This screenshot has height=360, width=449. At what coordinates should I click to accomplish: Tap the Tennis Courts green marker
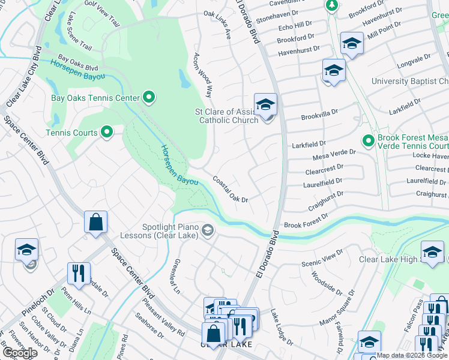click(107, 131)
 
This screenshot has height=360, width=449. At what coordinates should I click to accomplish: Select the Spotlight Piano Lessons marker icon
click(208, 230)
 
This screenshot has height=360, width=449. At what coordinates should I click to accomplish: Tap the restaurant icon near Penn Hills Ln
click(79, 273)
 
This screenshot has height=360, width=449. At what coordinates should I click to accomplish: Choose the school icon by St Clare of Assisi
click(265, 104)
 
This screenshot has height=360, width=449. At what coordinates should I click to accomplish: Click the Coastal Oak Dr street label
click(231, 190)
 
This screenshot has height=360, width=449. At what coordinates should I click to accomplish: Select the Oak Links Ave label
click(217, 24)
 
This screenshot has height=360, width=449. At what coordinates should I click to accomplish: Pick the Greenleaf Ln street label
click(175, 275)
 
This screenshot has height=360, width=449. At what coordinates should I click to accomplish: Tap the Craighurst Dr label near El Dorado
click(325, 200)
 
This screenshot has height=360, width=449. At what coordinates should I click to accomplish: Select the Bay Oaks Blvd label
click(77, 63)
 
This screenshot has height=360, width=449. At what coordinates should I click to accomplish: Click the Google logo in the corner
click(20, 353)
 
